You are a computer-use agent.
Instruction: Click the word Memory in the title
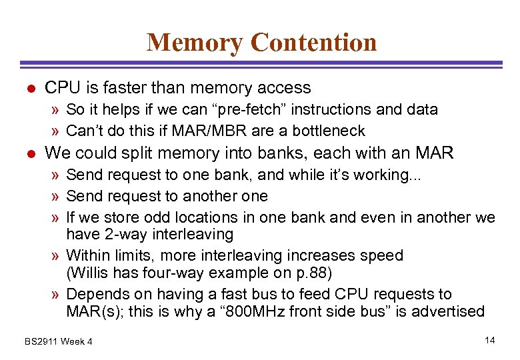tap(195, 42)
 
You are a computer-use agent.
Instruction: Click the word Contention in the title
tap(314, 42)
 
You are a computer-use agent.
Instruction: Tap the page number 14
tap(490, 341)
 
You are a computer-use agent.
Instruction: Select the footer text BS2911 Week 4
tap(59, 342)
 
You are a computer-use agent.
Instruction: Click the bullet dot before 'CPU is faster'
tap(27, 89)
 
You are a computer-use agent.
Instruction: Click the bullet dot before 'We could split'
tap(27, 154)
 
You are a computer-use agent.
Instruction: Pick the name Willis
tap(93, 273)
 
